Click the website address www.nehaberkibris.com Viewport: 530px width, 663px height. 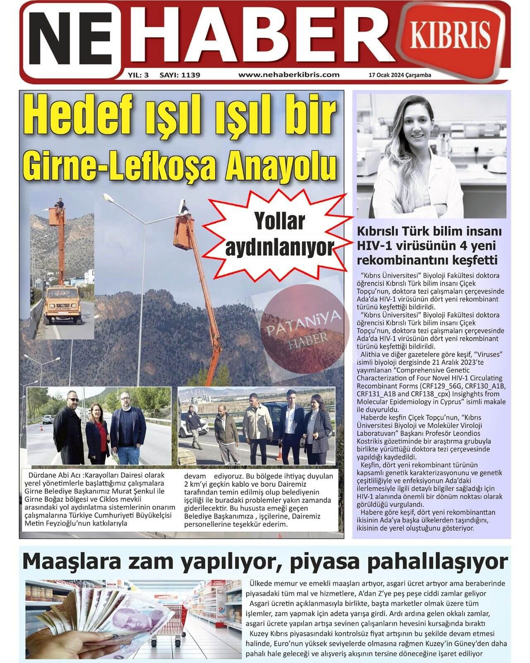289,75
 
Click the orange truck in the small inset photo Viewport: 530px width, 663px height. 62,298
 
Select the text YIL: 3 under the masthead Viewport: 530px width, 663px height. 138,75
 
